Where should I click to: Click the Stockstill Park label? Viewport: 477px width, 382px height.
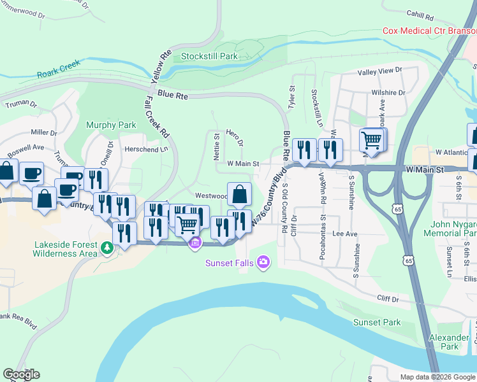209,57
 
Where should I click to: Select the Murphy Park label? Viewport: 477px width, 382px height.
112,125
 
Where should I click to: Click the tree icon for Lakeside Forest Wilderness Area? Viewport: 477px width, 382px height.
107,247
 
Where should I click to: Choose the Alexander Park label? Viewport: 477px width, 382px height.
449,342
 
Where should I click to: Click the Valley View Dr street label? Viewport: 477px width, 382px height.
381,71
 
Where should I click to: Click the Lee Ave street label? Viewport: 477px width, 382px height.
344,234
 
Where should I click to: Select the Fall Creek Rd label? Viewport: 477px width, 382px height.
156,118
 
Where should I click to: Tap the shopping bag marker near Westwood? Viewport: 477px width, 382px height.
239,195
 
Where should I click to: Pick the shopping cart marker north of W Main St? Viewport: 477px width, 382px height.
372,140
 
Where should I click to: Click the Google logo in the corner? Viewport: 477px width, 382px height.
21,374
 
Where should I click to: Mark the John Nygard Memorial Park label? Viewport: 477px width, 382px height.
450,229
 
